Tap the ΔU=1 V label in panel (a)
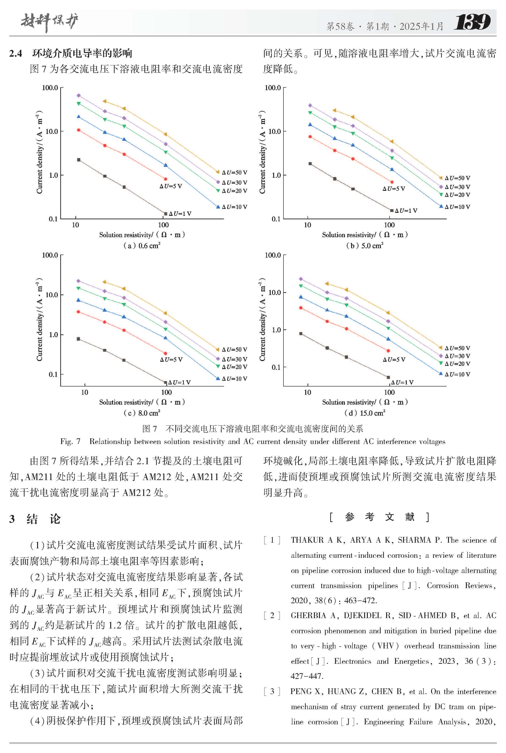(x=180, y=214)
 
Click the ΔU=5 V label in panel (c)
(x=171, y=360)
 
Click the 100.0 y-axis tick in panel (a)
(x=50, y=88)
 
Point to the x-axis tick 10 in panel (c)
(x=85, y=392)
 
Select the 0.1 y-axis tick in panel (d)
(x=276, y=367)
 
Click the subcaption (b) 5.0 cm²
(x=365, y=246)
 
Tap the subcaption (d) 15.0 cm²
(x=365, y=413)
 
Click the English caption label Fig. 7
(x=70, y=441)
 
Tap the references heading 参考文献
(x=379, y=517)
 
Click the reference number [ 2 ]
(x=272, y=615)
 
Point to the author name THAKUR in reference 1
(x=307, y=540)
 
